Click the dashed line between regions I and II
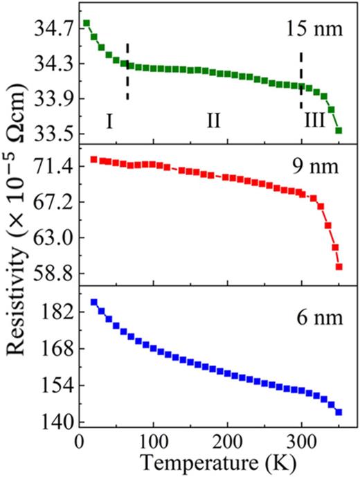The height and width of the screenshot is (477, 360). pos(127,71)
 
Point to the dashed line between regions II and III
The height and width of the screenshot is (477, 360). pos(300,80)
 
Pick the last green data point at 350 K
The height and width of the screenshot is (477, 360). pos(339,130)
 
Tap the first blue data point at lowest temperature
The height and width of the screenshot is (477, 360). pos(94,303)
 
